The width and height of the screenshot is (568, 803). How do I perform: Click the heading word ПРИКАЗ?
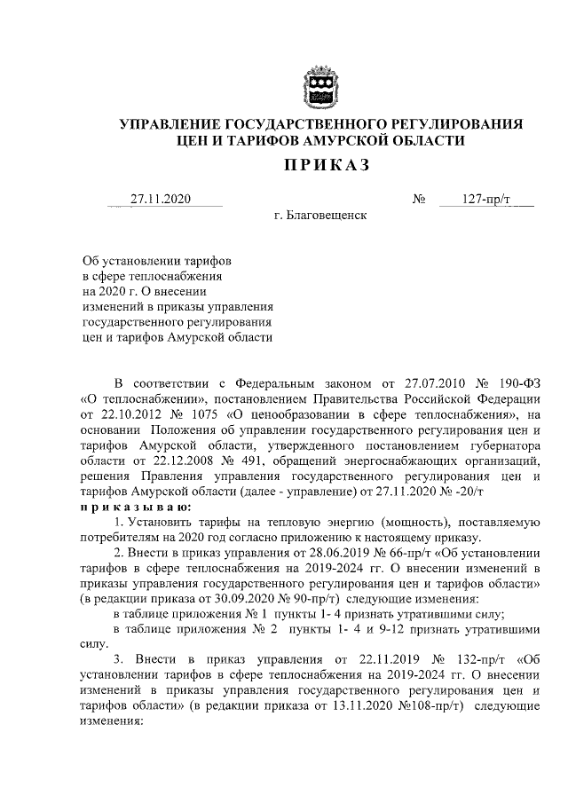[x=320, y=165]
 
